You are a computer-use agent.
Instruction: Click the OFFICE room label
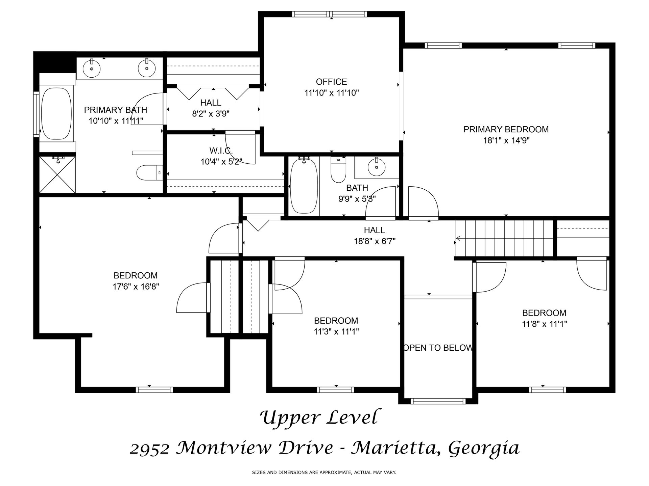click(331, 82)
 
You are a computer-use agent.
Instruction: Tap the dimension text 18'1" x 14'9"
click(506, 140)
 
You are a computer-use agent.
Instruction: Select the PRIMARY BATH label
click(116, 110)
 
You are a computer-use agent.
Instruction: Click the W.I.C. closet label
click(221, 151)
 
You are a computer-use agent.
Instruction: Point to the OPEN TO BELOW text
click(438, 348)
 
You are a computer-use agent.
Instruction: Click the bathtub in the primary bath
click(57, 114)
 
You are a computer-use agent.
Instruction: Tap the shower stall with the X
click(57, 174)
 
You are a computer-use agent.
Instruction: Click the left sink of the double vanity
click(92, 68)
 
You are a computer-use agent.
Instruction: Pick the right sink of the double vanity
click(147, 68)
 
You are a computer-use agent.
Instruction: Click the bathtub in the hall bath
click(304, 186)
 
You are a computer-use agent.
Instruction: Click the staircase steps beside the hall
click(504, 238)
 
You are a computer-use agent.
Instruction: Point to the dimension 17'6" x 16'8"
click(136, 287)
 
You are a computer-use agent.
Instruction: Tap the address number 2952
click(149, 449)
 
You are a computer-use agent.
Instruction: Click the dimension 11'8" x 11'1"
click(544, 324)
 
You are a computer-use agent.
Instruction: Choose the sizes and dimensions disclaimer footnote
click(324, 473)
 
